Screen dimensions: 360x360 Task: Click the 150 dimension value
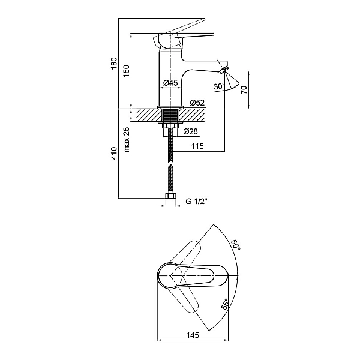click(x=126, y=71)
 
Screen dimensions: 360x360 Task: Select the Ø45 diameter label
click(x=171, y=83)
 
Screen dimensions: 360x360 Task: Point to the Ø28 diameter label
click(x=190, y=131)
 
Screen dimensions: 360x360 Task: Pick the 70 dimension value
click(x=244, y=89)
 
